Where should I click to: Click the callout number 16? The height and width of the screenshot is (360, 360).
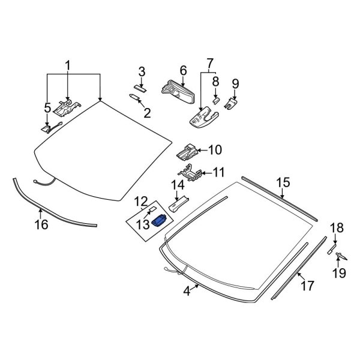[41, 225]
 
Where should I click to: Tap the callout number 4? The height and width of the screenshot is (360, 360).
[187, 291]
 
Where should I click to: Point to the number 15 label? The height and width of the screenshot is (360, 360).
[283, 182]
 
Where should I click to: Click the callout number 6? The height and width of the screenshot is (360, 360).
[183, 71]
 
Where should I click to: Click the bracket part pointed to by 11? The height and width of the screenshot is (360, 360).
[190, 172]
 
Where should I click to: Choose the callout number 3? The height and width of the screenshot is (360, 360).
[142, 72]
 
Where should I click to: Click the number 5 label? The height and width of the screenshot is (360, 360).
[47, 108]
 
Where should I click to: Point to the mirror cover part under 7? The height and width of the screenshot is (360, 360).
[202, 118]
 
